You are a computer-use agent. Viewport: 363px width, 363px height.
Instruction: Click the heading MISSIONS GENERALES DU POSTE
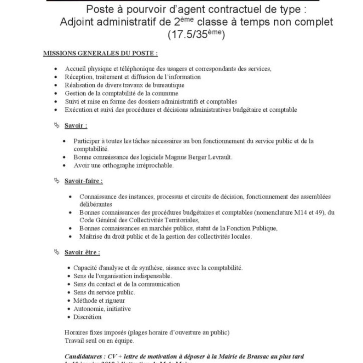click(x=100, y=54)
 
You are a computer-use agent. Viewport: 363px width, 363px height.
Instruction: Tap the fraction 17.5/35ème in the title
click(x=196, y=35)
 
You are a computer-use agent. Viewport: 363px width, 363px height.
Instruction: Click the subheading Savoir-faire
click(x=84, y=181)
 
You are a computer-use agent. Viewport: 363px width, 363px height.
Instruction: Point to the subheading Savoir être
click(x=82, y=253)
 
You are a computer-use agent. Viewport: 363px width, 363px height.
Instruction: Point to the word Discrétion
click(x=87, y=317)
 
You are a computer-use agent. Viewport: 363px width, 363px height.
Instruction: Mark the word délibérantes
click(x=96, y=204)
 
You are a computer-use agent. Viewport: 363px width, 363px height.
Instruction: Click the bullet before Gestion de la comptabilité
click(x=56, y=94)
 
